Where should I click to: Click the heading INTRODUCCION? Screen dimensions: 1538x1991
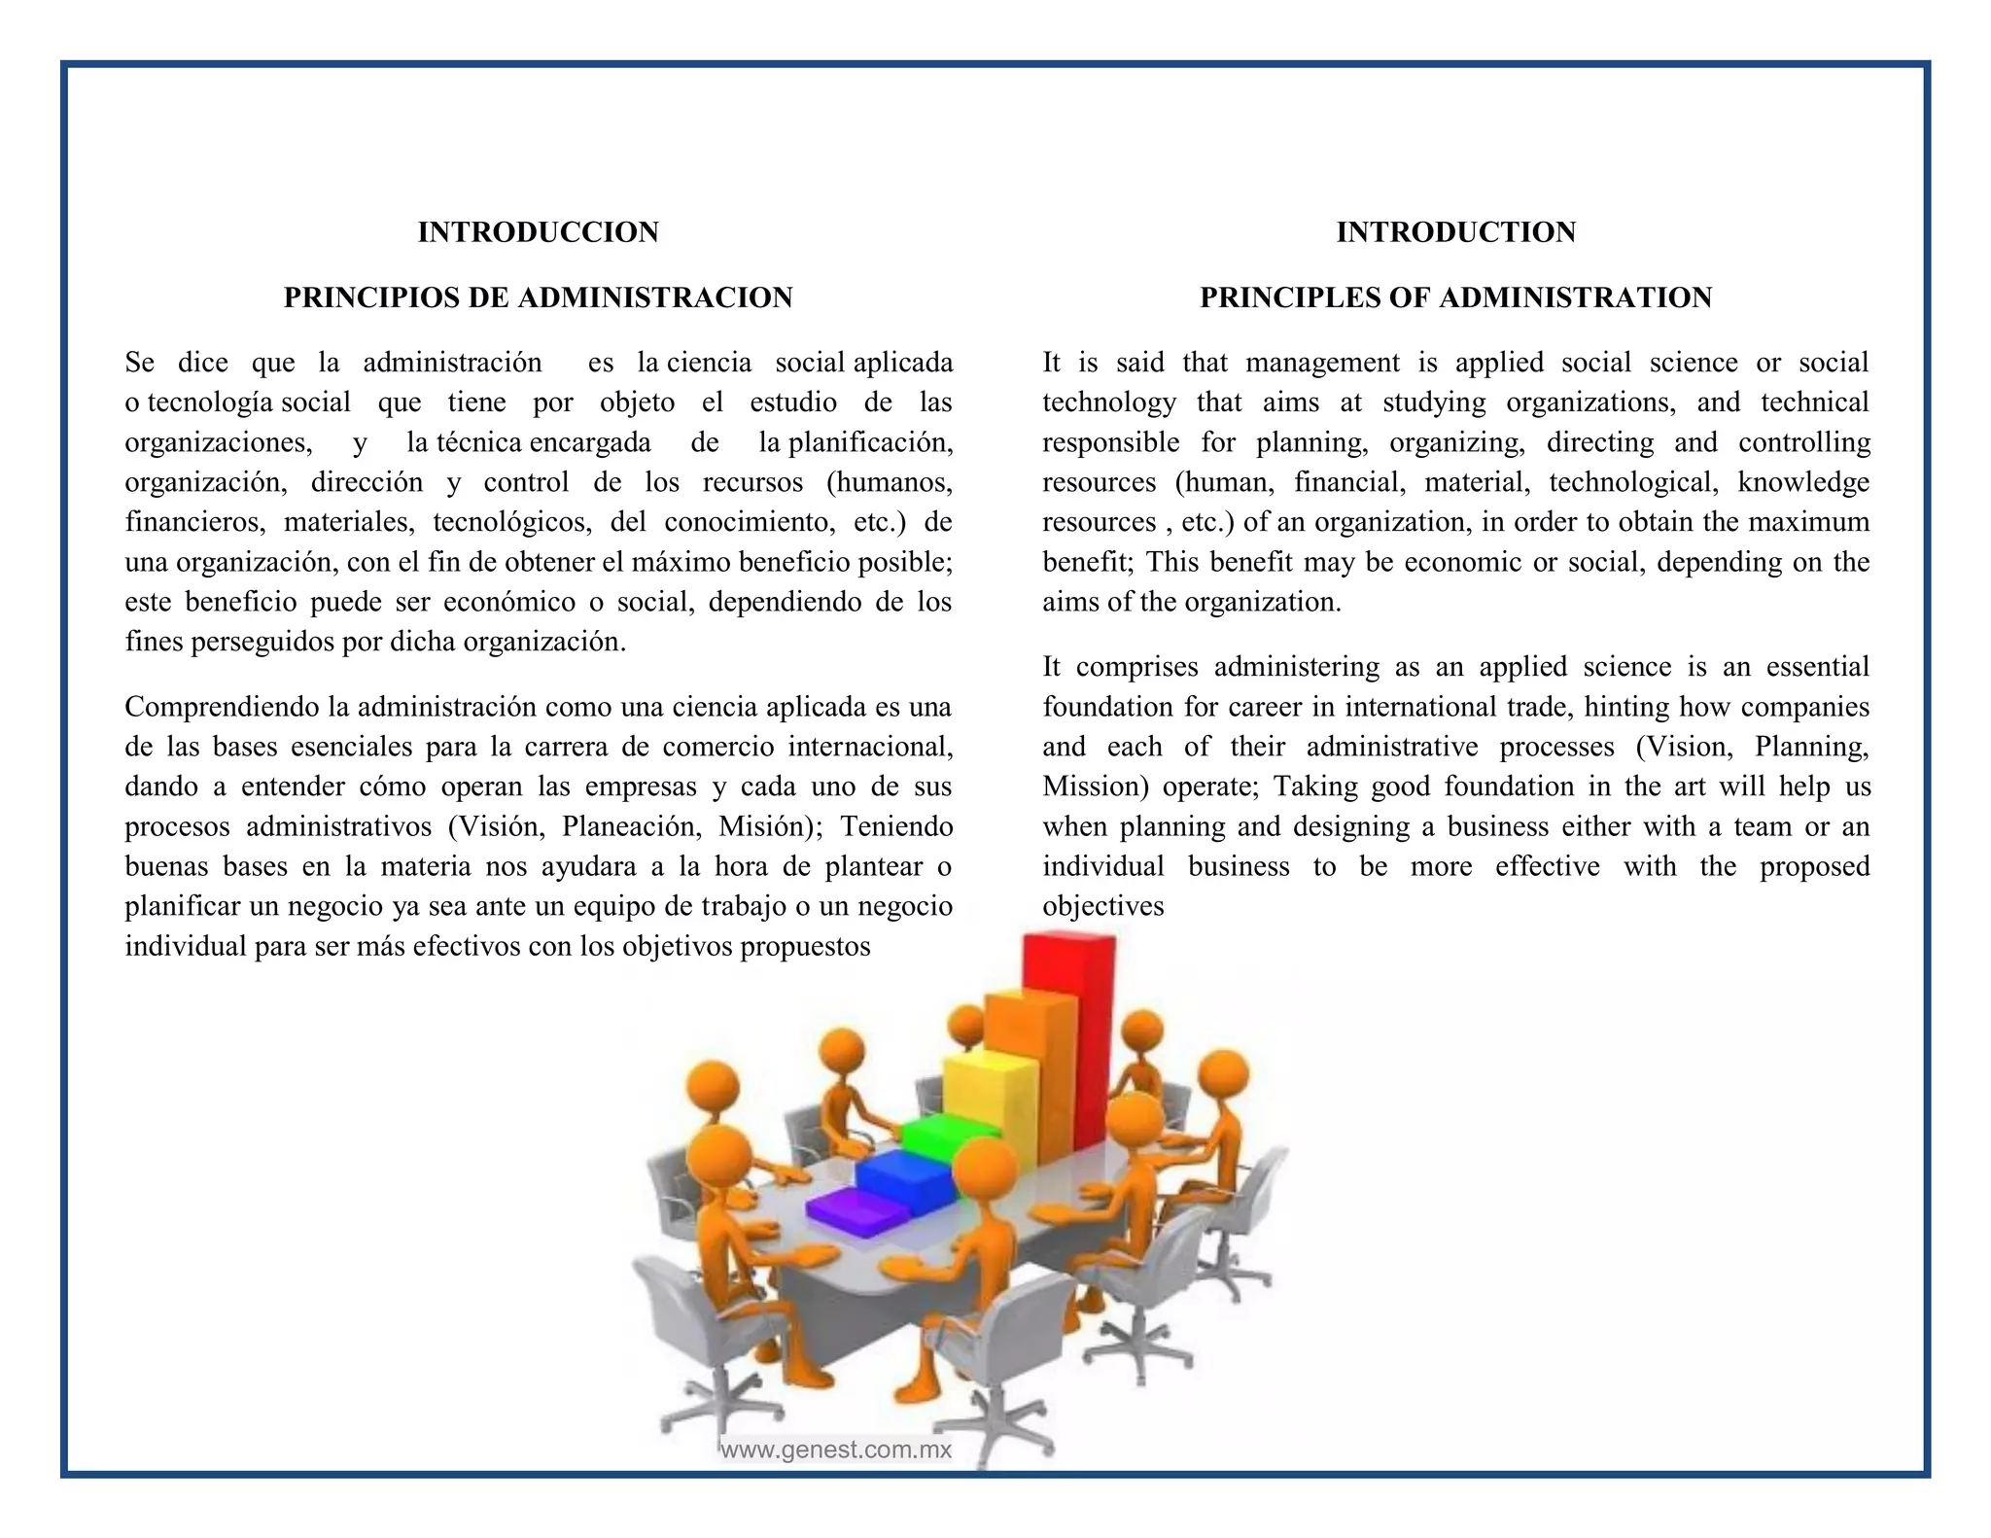click(538, 232)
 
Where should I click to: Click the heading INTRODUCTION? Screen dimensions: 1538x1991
click(1455, 232)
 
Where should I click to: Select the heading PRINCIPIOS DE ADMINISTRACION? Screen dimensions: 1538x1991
click(538, 297)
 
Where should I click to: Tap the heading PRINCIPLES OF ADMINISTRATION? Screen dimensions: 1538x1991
click(1455, 297)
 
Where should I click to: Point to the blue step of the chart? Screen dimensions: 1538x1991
click(904, 1176)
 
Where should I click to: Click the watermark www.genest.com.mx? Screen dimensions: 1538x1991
click(836, 1451)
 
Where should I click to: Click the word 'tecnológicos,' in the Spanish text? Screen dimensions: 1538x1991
click(512, 522)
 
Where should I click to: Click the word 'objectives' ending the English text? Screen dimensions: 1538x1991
click(1102, 906)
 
